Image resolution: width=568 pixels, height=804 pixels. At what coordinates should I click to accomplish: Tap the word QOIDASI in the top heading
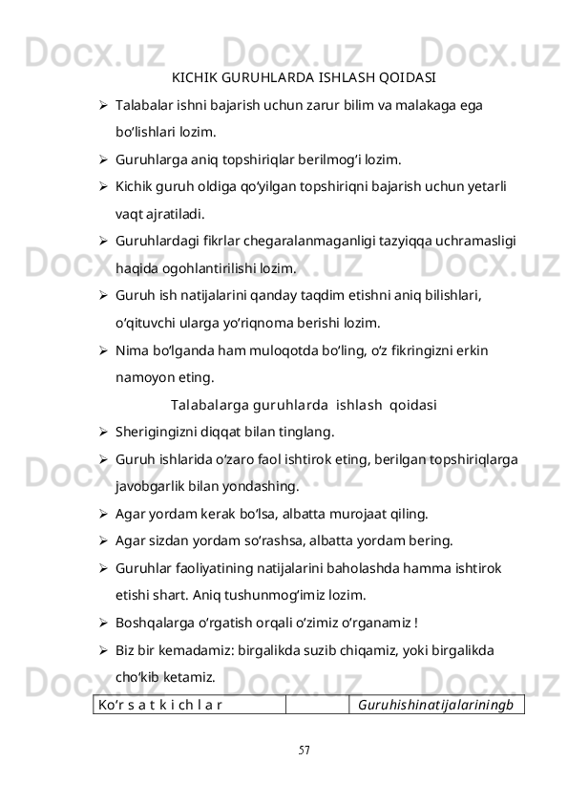[406, 77]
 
